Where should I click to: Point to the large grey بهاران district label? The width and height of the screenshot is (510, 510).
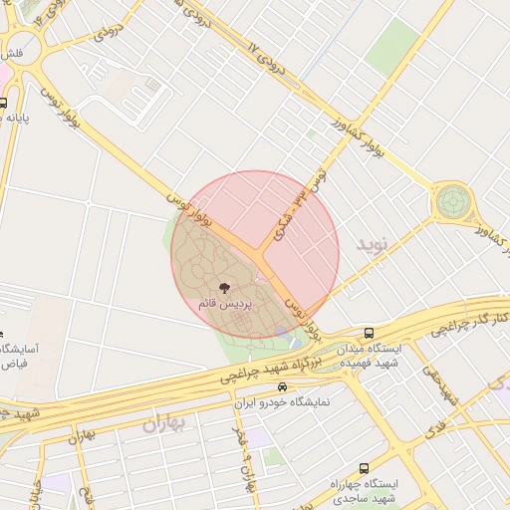click(x=164, y=424)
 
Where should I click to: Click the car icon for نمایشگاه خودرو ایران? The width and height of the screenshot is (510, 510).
click(x=283, y=386)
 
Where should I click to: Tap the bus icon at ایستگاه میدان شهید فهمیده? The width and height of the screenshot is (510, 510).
click(x=370, y=333)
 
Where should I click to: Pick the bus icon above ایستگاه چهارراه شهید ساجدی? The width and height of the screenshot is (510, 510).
click(x=363, y=466)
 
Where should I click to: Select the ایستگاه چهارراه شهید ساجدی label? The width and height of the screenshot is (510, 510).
click(x=363, y=489)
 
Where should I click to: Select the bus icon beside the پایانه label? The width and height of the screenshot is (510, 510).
click(x=4, y=103)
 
